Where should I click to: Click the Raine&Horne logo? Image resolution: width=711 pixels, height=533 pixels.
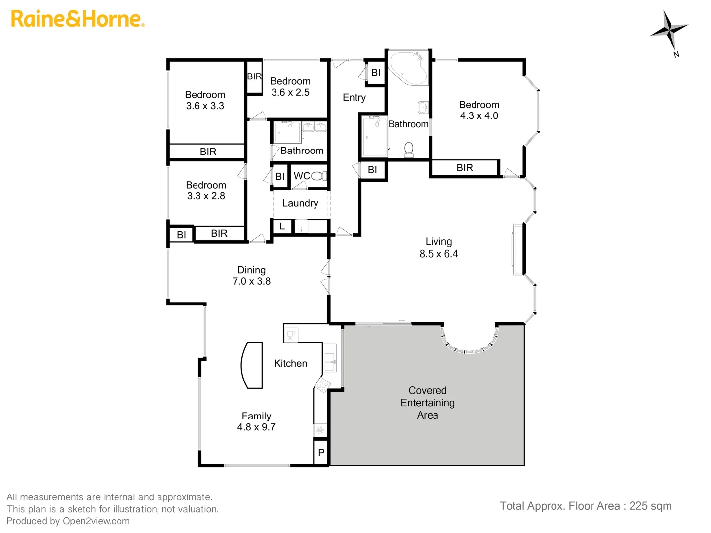click(78, 19)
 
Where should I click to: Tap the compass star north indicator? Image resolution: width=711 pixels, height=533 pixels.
click(669, 31)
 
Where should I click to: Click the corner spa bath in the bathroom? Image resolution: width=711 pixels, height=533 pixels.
click(407, 68)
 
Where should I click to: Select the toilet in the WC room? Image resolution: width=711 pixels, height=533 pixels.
click(318, 176)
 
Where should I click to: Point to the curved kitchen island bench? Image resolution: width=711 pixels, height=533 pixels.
click(252, 365)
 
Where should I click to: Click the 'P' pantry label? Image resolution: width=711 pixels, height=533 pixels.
click(321, 453)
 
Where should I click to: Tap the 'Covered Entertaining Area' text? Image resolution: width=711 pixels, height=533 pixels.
click(428, 403)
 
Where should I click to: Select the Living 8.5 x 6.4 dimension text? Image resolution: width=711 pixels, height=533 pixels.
click(438, 254)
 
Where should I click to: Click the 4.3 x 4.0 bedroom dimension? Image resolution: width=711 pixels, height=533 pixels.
click(479, 116)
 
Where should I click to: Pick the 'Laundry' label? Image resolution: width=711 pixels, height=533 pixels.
click(300, 203)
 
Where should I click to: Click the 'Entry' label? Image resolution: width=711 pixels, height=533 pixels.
click(354, 98)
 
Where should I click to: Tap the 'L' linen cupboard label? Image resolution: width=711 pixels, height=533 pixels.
click(282, 227)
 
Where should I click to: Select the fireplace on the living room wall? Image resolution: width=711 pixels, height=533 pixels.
click(517, 249)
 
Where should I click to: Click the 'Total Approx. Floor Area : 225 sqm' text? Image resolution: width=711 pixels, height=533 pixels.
click(585, 506)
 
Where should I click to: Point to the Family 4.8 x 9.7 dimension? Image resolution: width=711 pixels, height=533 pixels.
click(256, 427)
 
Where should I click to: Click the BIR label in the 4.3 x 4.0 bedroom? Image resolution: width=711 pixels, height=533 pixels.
click(465, 168)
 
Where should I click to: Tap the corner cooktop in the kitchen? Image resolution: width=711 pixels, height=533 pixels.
click(322, 384)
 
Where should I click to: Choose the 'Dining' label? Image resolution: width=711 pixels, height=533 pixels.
click(251, 270)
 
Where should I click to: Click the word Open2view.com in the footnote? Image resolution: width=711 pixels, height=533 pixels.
click(96, 521)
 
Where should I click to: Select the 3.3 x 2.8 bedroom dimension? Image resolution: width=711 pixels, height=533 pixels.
click(206, 196)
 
